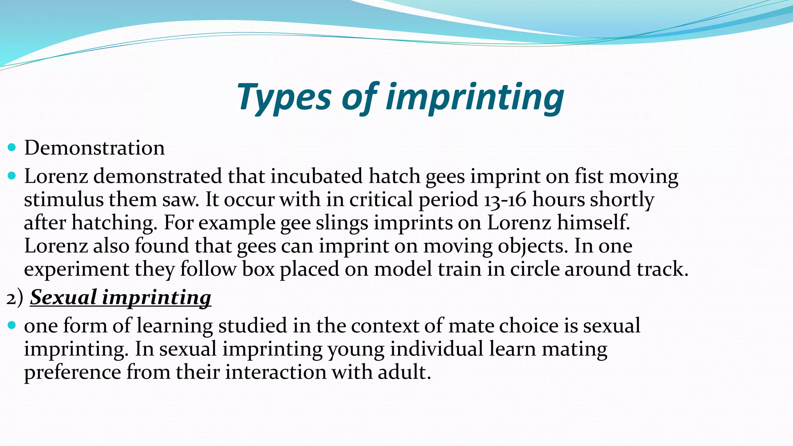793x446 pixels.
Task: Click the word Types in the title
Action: (x=284, y=98)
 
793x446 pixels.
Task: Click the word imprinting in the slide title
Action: (x=475, y=98)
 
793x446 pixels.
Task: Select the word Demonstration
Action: (x=94, y=148)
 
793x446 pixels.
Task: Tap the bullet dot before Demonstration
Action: (x=12, y=148)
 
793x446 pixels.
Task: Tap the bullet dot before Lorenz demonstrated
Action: (x=12, y=176)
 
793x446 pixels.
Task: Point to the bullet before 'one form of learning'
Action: (x=12, y=325)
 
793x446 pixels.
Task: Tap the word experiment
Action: (x=76, y=269)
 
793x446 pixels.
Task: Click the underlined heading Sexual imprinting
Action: (x=120, y=298)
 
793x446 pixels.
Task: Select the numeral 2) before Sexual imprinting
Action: (x=15, y=298)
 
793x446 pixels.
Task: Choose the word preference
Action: (x=72, y=372)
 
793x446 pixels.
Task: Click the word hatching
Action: (x=114, y=223)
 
